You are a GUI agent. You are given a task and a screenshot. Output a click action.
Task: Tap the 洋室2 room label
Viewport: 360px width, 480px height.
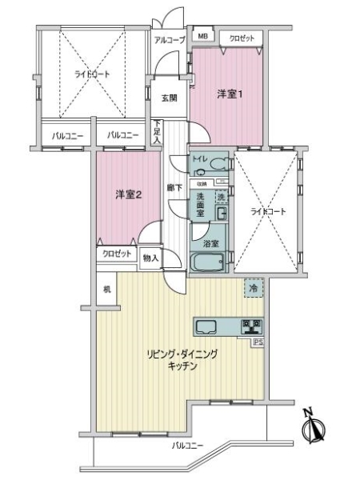pos(128,194)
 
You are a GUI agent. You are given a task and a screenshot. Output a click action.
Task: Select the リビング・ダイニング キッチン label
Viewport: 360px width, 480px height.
pos(182,358)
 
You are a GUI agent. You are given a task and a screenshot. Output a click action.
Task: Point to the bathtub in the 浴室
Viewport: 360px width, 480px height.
pos(210,262)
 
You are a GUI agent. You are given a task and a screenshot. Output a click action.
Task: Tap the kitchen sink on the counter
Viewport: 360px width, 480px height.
pos(207,326)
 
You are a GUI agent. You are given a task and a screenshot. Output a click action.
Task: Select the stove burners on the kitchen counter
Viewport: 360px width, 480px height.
pos(252,326)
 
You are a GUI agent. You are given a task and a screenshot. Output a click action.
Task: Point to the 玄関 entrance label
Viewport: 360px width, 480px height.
pos(169,98)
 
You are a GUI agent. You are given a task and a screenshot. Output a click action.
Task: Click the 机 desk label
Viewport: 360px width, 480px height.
pos(106,288)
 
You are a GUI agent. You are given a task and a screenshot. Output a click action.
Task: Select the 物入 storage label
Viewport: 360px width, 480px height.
pos(150,258)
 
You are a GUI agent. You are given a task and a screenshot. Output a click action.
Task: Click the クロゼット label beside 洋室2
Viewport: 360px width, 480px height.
pos(117,254)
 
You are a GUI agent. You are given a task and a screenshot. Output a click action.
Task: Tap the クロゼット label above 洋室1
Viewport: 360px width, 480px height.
pos(242,37)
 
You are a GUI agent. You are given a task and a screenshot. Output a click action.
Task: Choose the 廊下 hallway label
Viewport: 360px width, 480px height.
pos(173,188)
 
